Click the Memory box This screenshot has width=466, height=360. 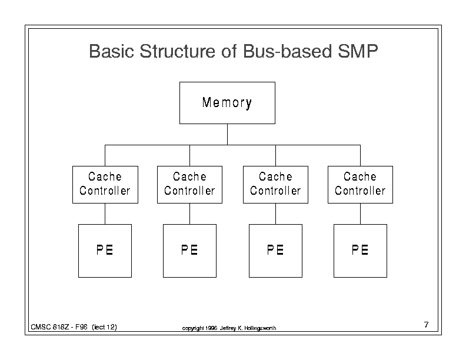click(227, 103)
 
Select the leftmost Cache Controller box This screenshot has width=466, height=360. click(105, 185)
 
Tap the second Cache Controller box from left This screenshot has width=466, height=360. click(189, 185)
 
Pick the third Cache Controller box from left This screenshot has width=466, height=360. click(275, 185)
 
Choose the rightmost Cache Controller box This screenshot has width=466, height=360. click(360, 185)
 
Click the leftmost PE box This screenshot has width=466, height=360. click(105, 251)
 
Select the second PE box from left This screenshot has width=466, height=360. click(189, 251)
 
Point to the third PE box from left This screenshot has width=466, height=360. click(275, 251)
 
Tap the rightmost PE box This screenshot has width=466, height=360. click(360, 251)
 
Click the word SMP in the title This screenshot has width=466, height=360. click(358, 51)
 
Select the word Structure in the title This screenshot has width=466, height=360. click(177, 51)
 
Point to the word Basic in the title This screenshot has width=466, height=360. click(111, 51)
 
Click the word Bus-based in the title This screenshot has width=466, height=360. click(287, 51)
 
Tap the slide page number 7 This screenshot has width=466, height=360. click(427, 324)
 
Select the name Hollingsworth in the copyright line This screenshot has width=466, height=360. click(260, 328)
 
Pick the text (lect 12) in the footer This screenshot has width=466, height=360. click(104, 327)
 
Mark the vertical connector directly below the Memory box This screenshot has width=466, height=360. click(227, 135)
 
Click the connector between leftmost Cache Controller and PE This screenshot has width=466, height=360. click(105, 214)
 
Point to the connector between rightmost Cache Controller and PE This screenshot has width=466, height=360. click(360, 214)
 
